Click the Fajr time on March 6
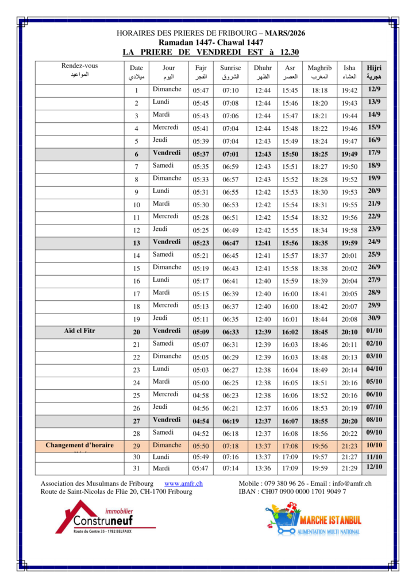(201, 154)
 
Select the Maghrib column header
(319, 72)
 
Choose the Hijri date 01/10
(374, 331)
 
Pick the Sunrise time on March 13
(230, 243)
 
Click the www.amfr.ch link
(183, 484)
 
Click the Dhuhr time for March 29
(263, 446)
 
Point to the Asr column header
(290, 72)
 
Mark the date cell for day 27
(137, 421)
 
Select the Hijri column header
(374, 72)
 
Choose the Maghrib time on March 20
(319, 332)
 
